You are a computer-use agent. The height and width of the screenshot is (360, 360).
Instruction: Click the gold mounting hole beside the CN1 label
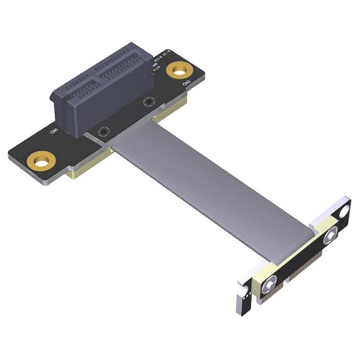(41, 160)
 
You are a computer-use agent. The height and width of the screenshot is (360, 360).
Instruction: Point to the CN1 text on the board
(54, 131)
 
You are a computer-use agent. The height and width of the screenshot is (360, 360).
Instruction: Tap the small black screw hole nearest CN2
(147, 102)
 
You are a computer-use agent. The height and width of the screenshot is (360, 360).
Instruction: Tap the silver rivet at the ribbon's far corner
(332, 234)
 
